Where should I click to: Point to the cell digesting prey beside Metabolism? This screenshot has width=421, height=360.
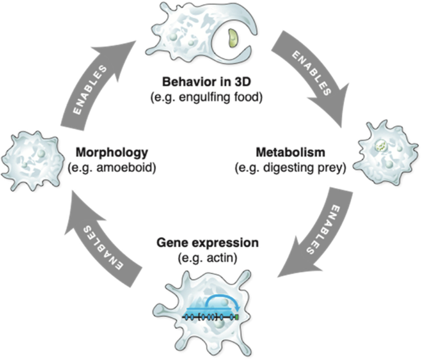(x=387, y=154)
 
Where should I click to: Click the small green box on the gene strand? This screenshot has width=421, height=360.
(x=237, y=317)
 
